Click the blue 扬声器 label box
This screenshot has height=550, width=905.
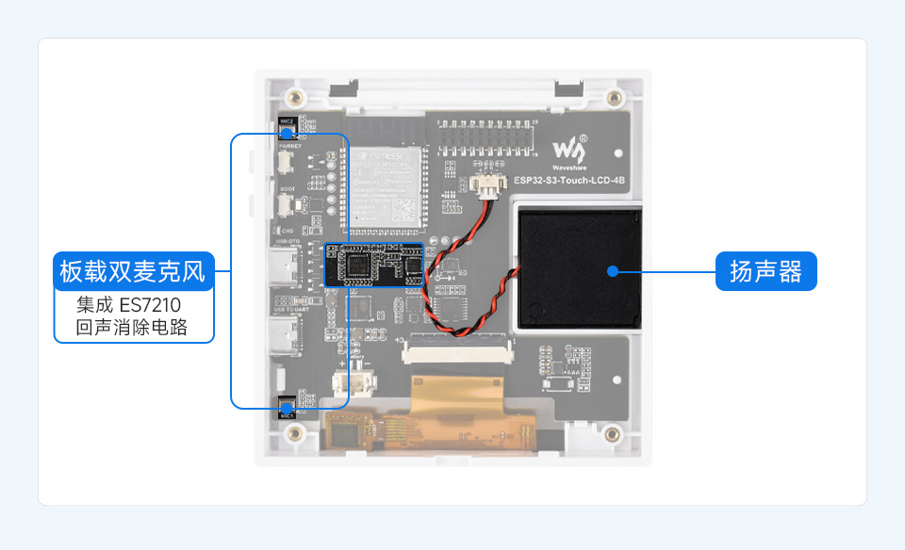765,272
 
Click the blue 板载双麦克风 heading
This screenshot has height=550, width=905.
132,272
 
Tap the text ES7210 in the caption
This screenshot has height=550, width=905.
149,306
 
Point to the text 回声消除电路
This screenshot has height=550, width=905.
132,329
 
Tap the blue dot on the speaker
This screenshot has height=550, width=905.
613,271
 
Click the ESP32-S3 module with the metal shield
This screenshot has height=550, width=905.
384,186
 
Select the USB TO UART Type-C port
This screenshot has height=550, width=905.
282,335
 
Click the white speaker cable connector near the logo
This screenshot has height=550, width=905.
488,188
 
